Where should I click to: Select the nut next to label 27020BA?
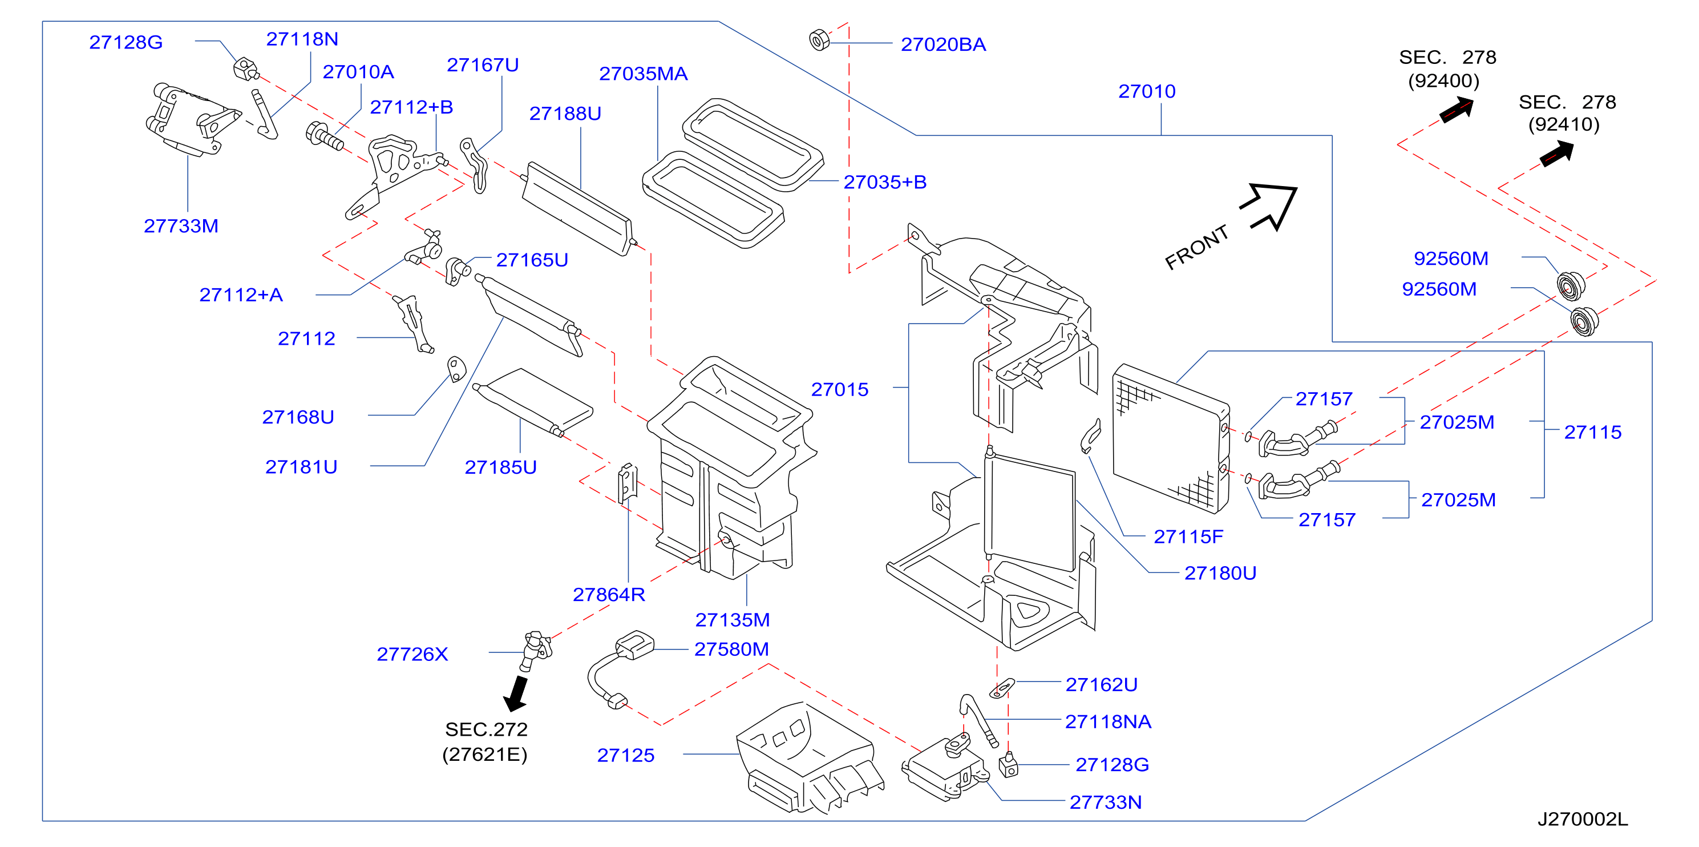819,41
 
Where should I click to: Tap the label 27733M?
181,225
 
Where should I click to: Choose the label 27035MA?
643,73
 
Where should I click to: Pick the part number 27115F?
1188,537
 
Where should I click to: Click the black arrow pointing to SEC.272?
516,693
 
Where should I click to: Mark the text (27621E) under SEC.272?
485,754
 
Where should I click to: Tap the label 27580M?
731,649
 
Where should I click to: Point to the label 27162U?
1102,684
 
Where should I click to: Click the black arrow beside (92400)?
1457,110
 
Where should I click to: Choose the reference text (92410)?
1564,124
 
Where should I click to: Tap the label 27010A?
358,71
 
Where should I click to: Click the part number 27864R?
609,594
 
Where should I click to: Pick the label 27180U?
1220,572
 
